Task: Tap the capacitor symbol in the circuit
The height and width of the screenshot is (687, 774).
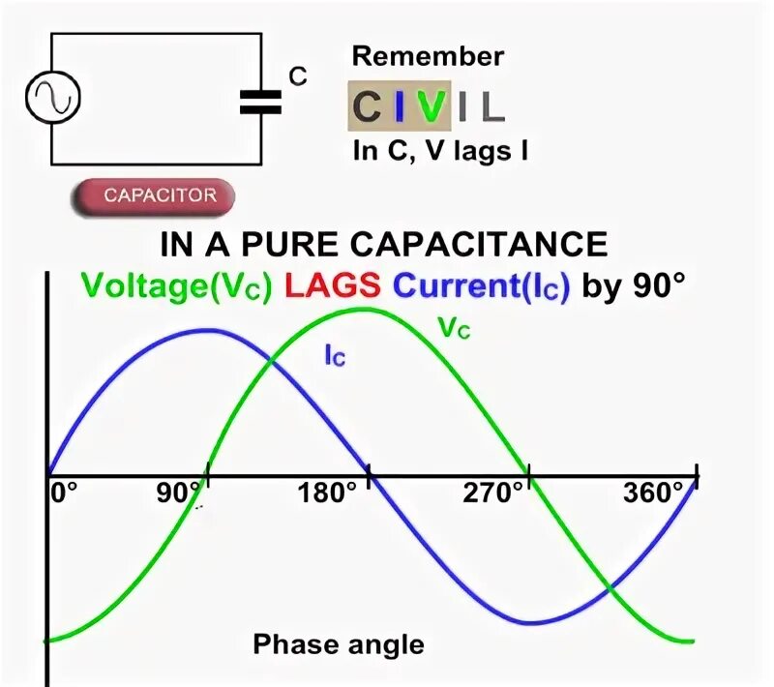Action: pyautogui.click(x=260, y=101)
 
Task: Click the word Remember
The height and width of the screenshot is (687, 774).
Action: pyautogui.click(x=428, y=56)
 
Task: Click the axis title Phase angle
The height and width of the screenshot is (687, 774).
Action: pyautogui.click(x=339, y=644)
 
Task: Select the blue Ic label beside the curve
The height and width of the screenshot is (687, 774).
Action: pyautogui.click(x=335, y=356)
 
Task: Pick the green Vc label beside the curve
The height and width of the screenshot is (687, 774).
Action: pyautogui.click(x=454, y=328)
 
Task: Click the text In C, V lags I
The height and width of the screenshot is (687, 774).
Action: pyautogui.click(x=439, y=151)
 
